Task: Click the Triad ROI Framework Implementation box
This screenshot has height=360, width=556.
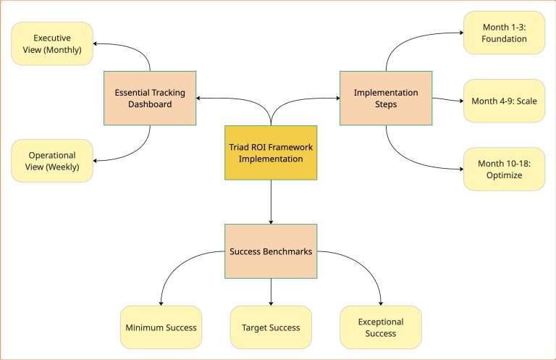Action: point(271,153)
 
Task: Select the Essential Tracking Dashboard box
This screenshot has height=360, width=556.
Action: point(150,98)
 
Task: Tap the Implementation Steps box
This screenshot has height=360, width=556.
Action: point(385,98)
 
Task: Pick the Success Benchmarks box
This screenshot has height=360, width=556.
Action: point(271,251)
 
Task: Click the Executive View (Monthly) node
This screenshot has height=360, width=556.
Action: point(52,43)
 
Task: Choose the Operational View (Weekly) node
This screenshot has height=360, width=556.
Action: point(52,161)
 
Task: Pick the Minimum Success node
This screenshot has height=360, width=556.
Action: point(161,327)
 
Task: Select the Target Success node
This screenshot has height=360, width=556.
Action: point(271,327)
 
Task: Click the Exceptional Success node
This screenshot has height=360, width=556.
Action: point(381,327)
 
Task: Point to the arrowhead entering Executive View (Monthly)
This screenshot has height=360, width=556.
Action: point(97,43)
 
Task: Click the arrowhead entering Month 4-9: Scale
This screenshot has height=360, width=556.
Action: point(460,101)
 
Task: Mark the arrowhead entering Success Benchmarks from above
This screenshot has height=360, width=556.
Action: point(271,220)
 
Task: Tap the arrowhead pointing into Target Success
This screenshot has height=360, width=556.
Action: point(271,302)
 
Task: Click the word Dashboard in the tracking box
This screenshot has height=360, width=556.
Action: point(150,104)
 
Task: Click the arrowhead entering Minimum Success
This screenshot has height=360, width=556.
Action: point(161,302)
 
